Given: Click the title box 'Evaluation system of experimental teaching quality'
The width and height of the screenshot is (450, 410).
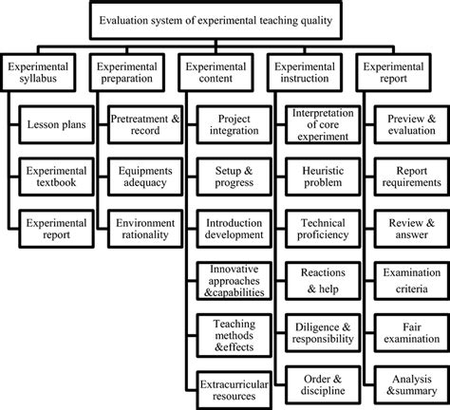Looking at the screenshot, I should [x=226, y=16].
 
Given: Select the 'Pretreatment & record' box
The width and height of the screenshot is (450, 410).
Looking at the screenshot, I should [x=146, y=125].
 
